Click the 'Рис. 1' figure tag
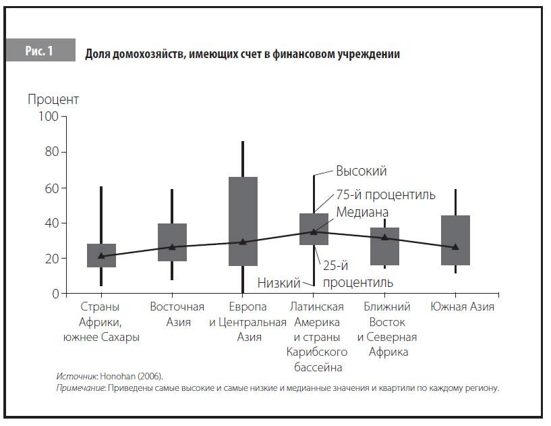click(40, 51)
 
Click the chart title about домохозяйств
click(242, 54)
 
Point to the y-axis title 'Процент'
click(53, 100)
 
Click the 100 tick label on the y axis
click(49, 117)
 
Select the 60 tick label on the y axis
click(52, 188)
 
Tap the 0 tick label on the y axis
click(55, 294)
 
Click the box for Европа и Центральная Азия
click(243, 221)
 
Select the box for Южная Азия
click(456, 240)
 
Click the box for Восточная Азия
click(172, 242)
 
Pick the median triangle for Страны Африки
click(101, 256)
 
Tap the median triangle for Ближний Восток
click(384, 238)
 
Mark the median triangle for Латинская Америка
click(314, 232)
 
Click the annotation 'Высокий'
click(361, 171)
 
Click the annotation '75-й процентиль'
click(385, 195)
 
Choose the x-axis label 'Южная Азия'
click(462, 307)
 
